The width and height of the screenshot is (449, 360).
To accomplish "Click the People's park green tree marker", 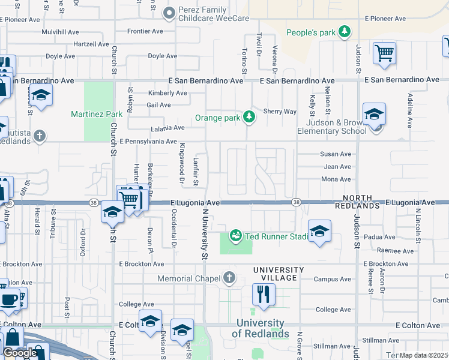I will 345,32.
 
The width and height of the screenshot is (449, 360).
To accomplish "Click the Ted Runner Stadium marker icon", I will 236,235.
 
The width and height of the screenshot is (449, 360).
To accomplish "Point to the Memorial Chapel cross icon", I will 228,278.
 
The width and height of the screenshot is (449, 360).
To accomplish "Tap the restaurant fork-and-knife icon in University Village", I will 264,294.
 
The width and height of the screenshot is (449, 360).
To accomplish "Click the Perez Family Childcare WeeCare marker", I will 170,13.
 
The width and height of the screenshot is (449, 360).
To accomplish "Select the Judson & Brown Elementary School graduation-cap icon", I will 374,114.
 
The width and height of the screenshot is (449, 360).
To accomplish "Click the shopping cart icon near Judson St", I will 384,52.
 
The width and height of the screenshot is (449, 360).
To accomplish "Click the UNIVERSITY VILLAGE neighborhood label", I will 276,274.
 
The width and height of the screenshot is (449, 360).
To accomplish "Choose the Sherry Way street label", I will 280,112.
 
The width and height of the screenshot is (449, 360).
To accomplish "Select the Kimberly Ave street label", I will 167,93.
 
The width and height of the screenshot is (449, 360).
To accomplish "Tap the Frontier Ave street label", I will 144,31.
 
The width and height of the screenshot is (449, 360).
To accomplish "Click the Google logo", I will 20,353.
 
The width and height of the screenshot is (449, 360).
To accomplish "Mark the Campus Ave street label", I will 332,279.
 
